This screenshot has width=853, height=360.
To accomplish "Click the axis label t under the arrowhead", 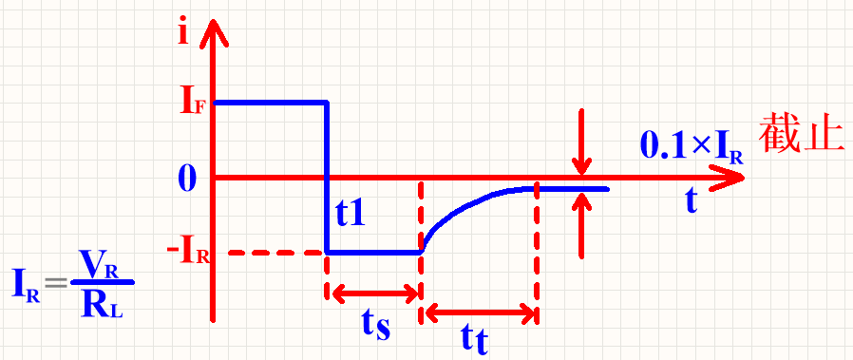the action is click(691, 200).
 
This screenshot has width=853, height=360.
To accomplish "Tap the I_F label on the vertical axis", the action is click(192, 103).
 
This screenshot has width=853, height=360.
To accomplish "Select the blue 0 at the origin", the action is click(185, 179).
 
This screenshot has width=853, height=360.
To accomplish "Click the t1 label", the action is click(350, 213).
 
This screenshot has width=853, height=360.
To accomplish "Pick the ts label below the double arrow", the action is click(376, 326).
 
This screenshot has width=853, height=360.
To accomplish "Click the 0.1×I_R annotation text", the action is click(692, 147).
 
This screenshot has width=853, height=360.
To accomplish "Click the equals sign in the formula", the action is click(55, 283).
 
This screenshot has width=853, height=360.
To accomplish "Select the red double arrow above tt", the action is click(480, 313).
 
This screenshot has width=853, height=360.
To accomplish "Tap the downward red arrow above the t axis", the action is click(581, 142).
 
